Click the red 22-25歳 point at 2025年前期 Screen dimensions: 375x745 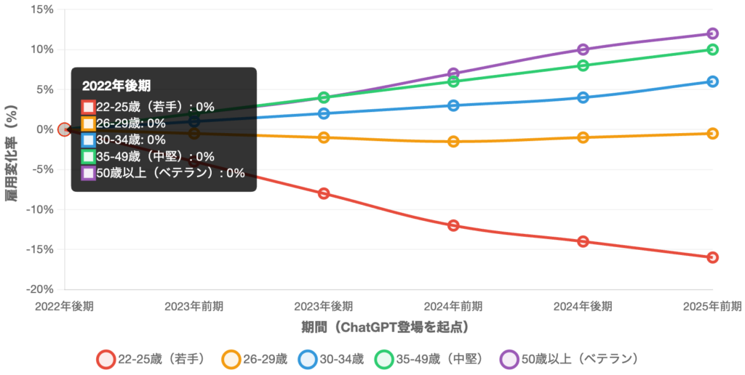click(x=712, y=257)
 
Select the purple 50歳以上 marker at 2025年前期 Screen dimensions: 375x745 click(x=712, y=33)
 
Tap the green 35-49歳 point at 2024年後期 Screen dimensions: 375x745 click(x=583, y=65)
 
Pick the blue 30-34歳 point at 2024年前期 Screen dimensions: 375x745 click(x=453, y=105)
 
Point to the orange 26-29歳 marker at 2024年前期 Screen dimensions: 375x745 click(x=453, y=141)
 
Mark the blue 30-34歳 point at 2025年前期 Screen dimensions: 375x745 click(x=712, y=81)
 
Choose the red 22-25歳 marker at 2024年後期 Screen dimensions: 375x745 click(x=583, y=241)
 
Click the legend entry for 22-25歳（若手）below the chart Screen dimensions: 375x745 click(x=153, y=358)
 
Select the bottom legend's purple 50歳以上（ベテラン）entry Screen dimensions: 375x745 click(x=568, y=358)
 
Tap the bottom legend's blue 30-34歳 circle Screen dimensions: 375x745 click(x=307, y=358)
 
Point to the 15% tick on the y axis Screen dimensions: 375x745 click(x=42, y=9)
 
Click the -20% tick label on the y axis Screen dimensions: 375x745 click(x=40, y=289)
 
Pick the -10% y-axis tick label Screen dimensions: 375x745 click(x=40, y=209)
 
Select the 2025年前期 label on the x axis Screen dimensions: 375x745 click(x=712, y=305)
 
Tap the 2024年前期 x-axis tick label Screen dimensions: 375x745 click(x=453, y=305)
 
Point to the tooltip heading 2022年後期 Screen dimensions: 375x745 click(x=116, y=85)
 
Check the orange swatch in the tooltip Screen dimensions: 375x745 click(x=88, y=124)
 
